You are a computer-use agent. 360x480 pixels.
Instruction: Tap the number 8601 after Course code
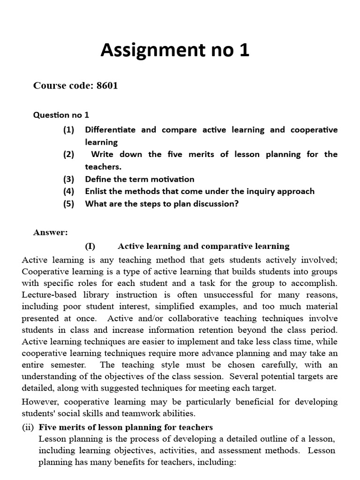[x=107, y=85]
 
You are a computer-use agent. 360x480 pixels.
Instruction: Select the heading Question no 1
[x=61, y=115]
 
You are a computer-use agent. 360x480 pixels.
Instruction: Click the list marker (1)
[x=69, y=130]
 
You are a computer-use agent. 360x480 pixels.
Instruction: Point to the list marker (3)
[x=69, y=179]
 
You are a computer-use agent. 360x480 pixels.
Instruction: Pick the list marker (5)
[x=69, y=204]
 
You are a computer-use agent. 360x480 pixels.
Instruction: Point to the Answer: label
[x=51, y=232]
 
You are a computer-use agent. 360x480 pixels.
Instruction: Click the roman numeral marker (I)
[x=90, y=246]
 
